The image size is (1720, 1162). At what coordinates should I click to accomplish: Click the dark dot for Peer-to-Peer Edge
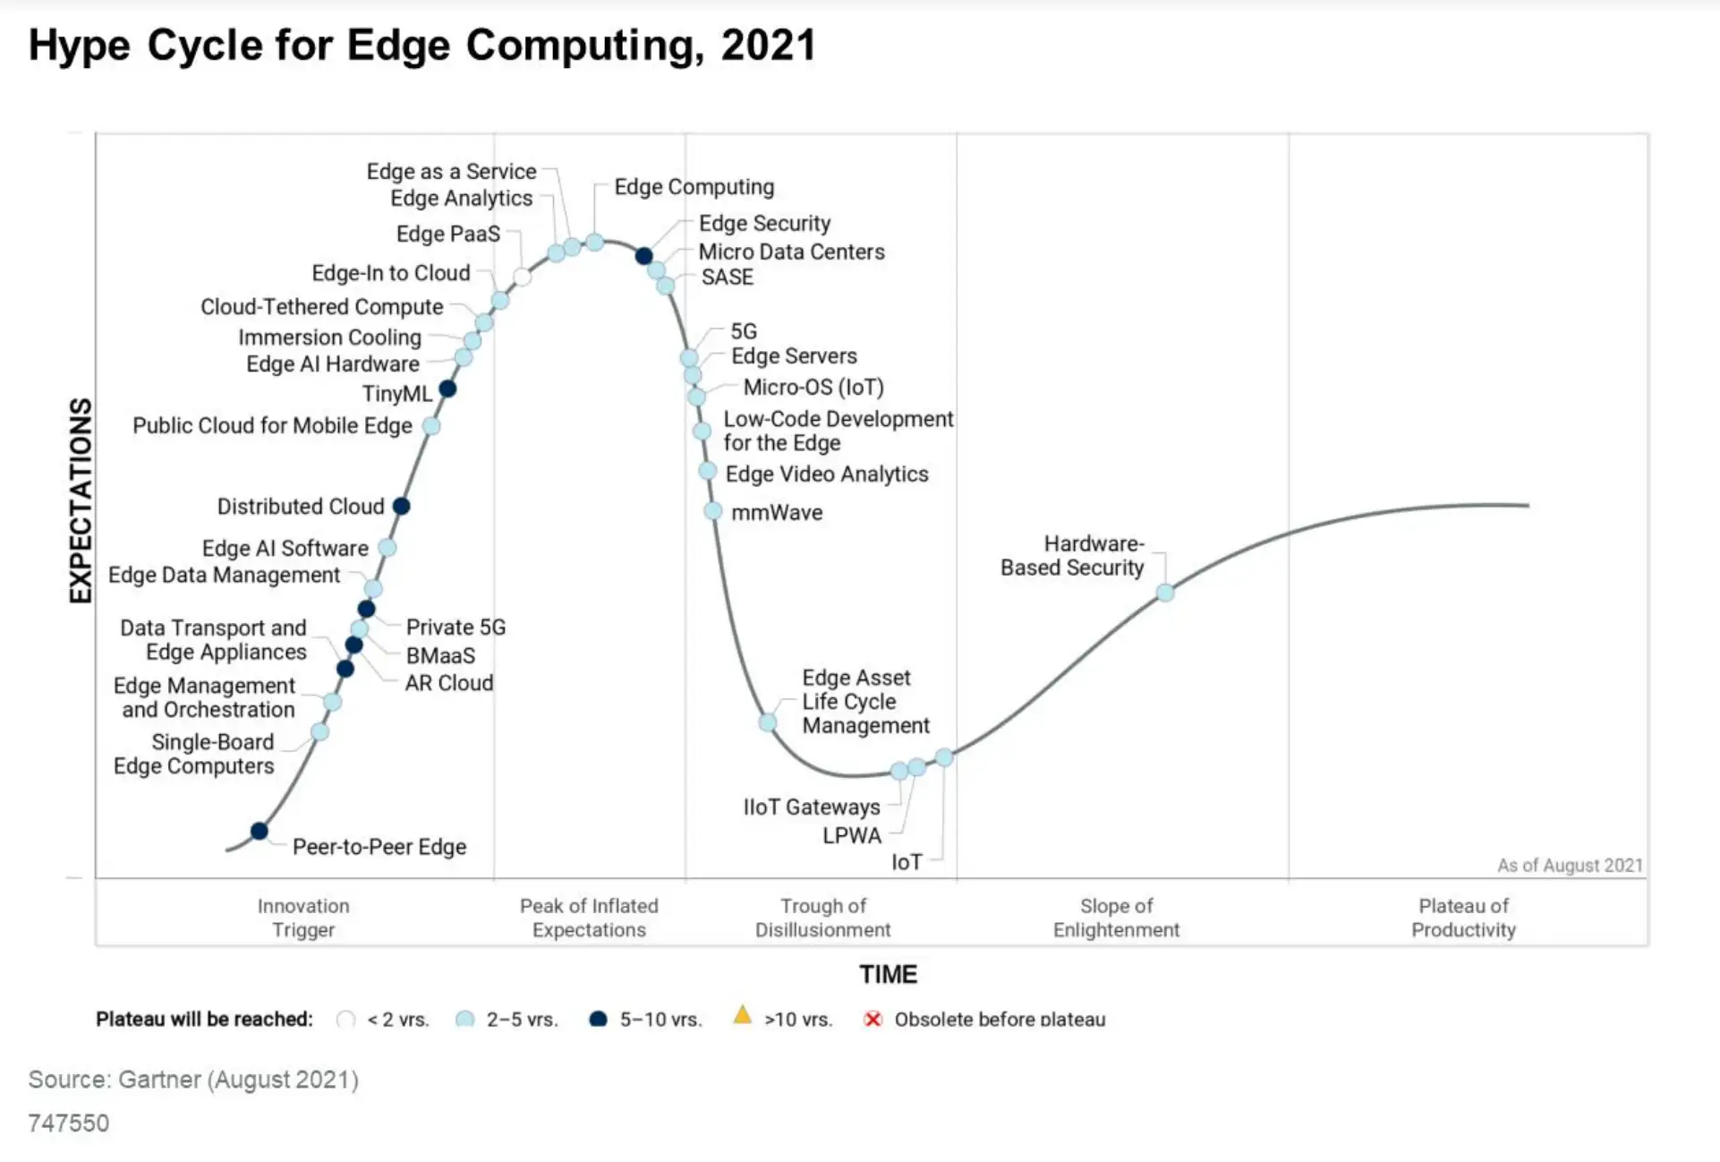259,831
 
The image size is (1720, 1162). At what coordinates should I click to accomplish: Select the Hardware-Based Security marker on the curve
1164,592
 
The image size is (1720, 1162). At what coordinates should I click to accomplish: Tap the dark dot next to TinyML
447,389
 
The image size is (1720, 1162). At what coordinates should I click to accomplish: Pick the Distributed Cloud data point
402,506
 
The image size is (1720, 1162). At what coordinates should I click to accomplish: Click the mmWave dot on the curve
712,511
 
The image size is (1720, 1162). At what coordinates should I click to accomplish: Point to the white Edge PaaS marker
522,277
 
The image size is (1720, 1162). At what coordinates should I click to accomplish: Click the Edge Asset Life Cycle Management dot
768,722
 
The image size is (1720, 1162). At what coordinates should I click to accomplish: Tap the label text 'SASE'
727,278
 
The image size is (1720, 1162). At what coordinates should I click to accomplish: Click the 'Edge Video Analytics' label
826,474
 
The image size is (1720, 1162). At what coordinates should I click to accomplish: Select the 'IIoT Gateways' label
811,807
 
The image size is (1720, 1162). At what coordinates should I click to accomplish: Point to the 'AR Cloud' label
448,683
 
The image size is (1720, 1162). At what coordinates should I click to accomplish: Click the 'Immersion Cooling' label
329,337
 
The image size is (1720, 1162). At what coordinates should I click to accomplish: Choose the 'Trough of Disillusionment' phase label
822,918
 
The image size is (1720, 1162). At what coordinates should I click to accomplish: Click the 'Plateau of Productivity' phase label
1463,918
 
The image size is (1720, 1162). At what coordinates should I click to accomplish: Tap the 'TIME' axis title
888,974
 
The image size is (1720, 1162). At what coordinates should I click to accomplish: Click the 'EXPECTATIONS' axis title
81,500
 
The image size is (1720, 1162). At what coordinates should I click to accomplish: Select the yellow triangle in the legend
742,1015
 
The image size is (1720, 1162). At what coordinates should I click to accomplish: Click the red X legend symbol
873,1019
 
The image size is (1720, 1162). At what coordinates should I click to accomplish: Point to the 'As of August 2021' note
1570,866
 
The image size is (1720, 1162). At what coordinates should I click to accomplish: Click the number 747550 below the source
68,1123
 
